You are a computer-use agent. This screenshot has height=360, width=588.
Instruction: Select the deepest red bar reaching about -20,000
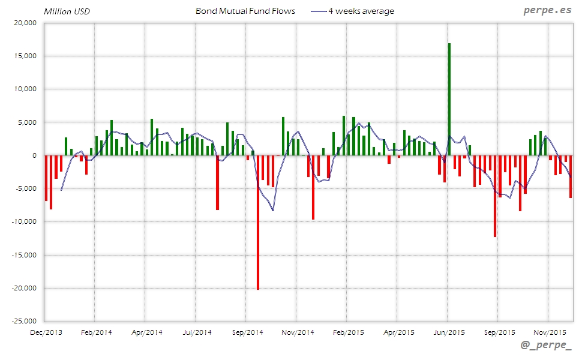258,222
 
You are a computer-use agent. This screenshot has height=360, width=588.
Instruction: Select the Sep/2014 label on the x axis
247,332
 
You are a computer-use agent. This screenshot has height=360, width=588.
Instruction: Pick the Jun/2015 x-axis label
448,332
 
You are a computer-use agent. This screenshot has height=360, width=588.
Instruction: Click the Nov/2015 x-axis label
549,332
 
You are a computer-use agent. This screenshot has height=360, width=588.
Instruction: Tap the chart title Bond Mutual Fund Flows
245,11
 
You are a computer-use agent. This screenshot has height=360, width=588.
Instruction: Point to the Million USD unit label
67,11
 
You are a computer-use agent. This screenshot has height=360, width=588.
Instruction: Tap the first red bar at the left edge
46,178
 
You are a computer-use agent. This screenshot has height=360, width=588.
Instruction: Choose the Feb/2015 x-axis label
347,332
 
